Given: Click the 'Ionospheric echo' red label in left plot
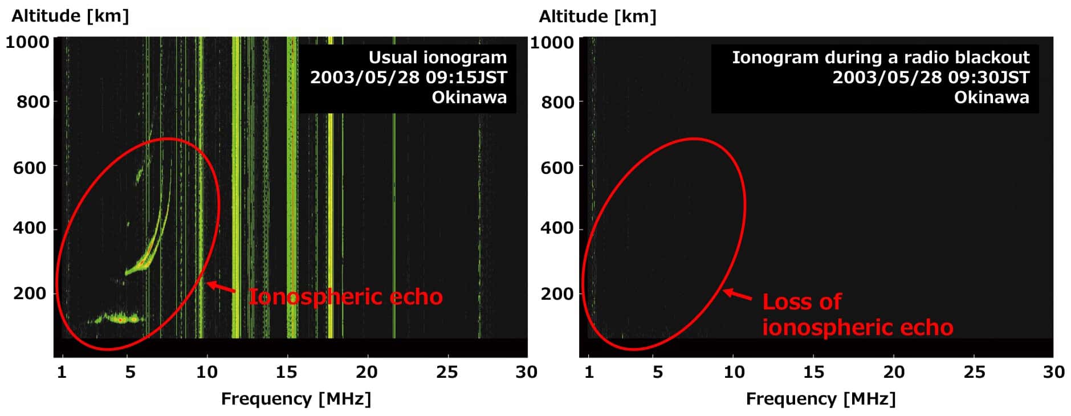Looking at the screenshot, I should (x=345, y=297).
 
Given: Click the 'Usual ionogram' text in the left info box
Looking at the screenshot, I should (x=437, y=58).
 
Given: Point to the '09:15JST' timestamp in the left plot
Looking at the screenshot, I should (x=466, y=78).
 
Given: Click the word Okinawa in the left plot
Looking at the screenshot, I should (x=469, y=97).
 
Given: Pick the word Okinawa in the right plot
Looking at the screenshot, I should (x=991, y=97).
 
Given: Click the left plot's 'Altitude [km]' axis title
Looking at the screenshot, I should (x=70, y=15).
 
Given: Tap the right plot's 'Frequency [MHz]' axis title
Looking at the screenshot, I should (x=821, y=399).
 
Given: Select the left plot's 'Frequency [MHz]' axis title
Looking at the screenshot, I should (x=296, y=399).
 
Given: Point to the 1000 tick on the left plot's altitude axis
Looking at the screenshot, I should (x=27, y=42).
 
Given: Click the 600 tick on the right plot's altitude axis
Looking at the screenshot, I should (x=557, y=168).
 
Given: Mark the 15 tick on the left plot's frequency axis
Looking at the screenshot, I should (x=287, y=372).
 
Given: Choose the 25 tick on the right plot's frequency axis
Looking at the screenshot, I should (x=974, y=372).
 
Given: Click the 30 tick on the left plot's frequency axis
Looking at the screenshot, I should (x=526, y=372).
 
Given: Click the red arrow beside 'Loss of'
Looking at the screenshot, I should (x=738, y=295).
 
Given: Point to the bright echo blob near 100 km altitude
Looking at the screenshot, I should (x=121, y=319).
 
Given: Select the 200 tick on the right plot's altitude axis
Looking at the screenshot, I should (x=557, y=294).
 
